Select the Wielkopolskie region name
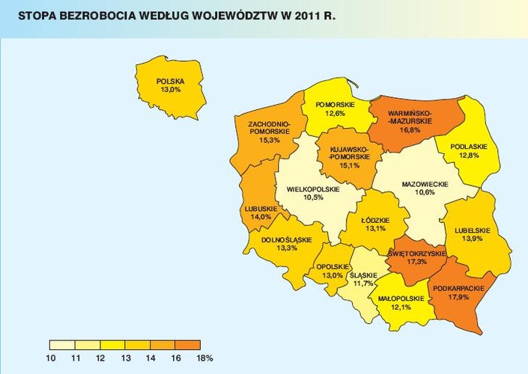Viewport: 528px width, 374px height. click(x=309, y=189)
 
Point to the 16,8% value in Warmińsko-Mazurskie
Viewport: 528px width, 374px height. click(x=410, y=129)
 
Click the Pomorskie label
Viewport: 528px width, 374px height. click(x=330, y=104)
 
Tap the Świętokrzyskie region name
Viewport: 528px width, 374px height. click(x=417, y=254)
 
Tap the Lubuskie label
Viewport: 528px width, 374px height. click(x=261, y=208)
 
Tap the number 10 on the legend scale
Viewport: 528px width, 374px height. click(x=50, y=358)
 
